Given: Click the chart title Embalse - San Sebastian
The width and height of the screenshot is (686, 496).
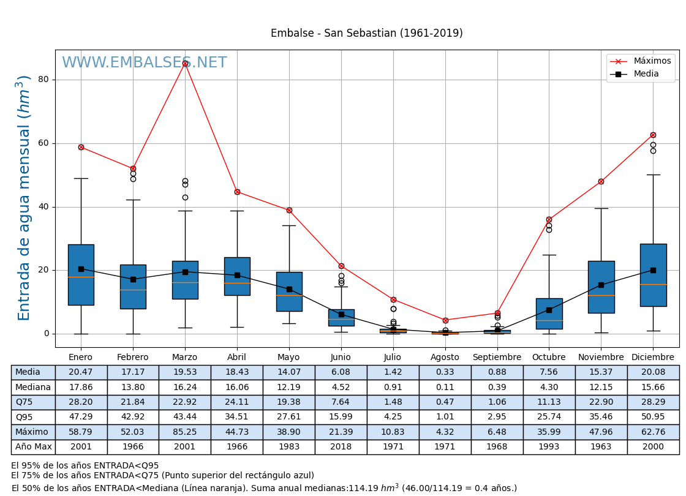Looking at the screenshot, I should [x=366, y=34].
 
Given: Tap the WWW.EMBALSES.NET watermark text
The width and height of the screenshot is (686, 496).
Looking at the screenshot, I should [x=145, y=63].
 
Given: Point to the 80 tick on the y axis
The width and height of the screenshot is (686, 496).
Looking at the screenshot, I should [x=43, y=80].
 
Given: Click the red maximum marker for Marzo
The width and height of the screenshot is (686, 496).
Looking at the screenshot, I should [x=185, y=63].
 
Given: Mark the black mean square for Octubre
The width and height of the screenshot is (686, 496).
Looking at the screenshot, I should [x=549, y=310].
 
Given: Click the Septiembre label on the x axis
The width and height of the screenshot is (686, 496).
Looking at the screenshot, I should [x=497, y=358].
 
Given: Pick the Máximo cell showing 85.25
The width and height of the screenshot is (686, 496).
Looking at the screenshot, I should [x=184, y=432].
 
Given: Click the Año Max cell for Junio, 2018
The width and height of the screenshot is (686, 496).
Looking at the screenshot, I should [x=341, y=447].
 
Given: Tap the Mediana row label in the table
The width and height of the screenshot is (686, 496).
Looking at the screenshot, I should [x=33, y=388].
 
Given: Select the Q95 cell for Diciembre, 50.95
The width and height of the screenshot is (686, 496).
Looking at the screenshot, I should [x=653, y=417].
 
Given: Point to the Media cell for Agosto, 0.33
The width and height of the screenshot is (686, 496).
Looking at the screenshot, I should [x=445, y=372].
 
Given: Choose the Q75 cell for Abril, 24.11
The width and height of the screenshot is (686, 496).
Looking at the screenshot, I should [x=236, y=402].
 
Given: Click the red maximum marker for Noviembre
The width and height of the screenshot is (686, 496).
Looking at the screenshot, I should [x=601, y=181].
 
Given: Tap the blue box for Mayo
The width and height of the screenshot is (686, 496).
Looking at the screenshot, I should [x=289, y=291].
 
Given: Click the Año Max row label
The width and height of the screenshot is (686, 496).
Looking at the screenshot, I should [x=33, y=447].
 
